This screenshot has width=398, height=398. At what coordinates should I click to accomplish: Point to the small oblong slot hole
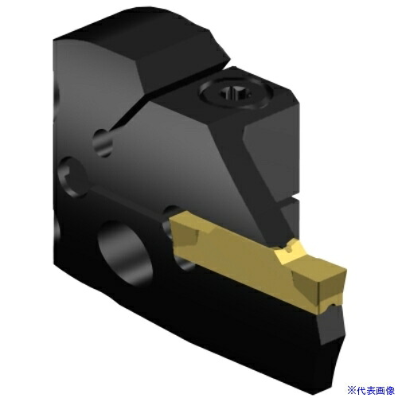103,142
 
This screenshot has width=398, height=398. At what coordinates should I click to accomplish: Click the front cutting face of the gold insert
333,288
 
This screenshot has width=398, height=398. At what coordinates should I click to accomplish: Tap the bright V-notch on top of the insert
288,249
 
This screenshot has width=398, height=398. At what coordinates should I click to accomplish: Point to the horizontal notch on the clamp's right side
289,200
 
